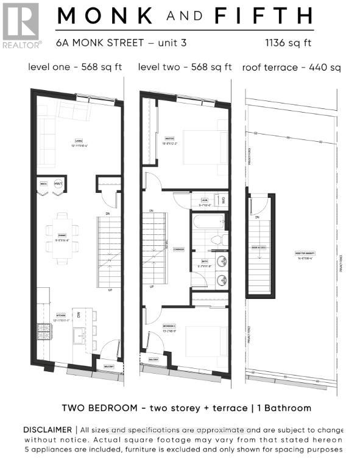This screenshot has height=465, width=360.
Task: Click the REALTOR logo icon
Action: click(x=21, y=21)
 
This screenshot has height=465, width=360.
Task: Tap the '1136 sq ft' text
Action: click(x=289, y=43)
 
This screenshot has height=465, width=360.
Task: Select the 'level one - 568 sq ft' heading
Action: click(x=74, y=66)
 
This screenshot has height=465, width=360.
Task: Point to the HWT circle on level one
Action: click(x=58, y=184)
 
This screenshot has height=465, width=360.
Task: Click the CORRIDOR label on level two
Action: click(x=178, y=250)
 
